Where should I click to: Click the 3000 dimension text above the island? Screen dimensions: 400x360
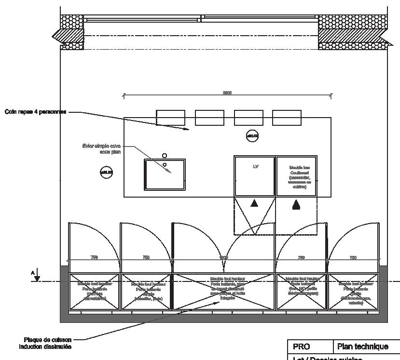click(x=227, y=93)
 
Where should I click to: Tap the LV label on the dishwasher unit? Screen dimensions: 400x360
click(x=256, y=167)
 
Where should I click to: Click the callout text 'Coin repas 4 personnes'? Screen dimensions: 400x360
click(x=36, y=112)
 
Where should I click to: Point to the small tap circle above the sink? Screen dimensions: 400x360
click(x=165, y=156)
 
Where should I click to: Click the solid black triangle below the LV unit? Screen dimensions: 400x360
click(x=254, y=204)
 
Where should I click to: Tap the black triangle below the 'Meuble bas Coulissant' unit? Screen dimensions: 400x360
click(x=296, y=205)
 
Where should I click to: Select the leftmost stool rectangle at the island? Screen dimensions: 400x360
click(x=170, y=118)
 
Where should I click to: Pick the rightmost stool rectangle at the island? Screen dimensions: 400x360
click(x=287, y=118)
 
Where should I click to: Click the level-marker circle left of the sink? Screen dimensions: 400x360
click(x=106, y=172)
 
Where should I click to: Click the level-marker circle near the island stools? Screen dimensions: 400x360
click(x=252, y=136)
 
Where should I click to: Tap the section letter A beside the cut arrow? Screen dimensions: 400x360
click(x=33, y=273)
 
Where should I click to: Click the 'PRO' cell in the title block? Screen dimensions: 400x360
click(x=301, y=347)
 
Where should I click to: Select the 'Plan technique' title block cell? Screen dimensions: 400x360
click(x=362, y=347)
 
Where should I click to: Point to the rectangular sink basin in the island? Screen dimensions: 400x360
click(x=165, y=174)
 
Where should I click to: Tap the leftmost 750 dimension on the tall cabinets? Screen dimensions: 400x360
click(x=94, y=258)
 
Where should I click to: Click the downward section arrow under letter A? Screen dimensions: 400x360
click(x=38, y=278)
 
